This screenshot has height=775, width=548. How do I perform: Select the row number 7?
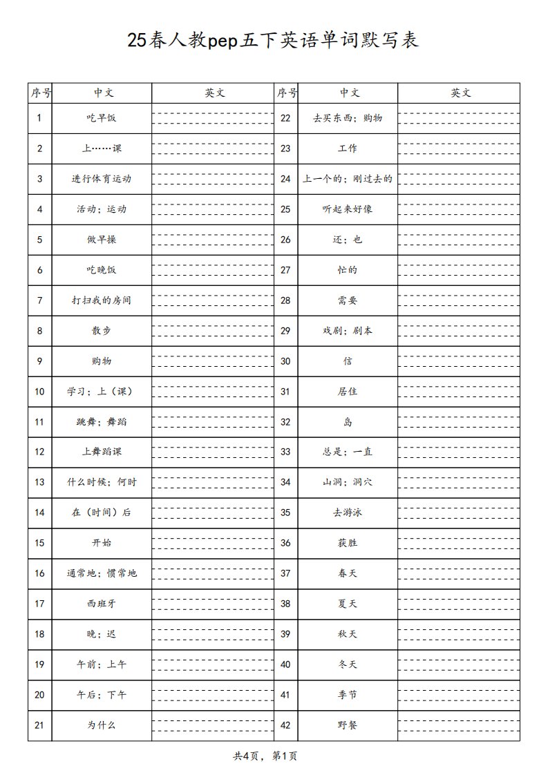[x=39, y=300]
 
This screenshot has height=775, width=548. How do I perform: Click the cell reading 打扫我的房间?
[x=102, y=300]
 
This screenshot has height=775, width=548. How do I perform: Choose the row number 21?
[x=39, y=725]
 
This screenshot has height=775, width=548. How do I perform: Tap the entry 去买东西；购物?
[x=348, y=117]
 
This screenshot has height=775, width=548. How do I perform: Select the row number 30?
[x=285, y=361]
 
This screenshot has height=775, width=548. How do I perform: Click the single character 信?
[x=348, y=361]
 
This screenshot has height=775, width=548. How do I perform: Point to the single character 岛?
[x=348, y=422]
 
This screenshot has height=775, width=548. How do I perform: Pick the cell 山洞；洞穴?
[x=348, y=482]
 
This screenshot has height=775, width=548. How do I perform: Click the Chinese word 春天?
[x=348, y=573]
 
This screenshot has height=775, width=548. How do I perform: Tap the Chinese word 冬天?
[x=348, y=664]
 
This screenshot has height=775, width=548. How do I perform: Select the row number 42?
[x=285, y=725]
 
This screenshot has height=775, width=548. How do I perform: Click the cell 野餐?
[x=348, y=725]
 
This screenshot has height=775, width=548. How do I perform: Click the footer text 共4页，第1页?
[x=265, y=756]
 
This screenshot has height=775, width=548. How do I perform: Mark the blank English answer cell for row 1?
[x=213, y=117]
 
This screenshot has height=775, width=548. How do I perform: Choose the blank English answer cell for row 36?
[x=459, y=543]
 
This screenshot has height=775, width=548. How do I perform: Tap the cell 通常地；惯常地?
[x=102, y=573]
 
